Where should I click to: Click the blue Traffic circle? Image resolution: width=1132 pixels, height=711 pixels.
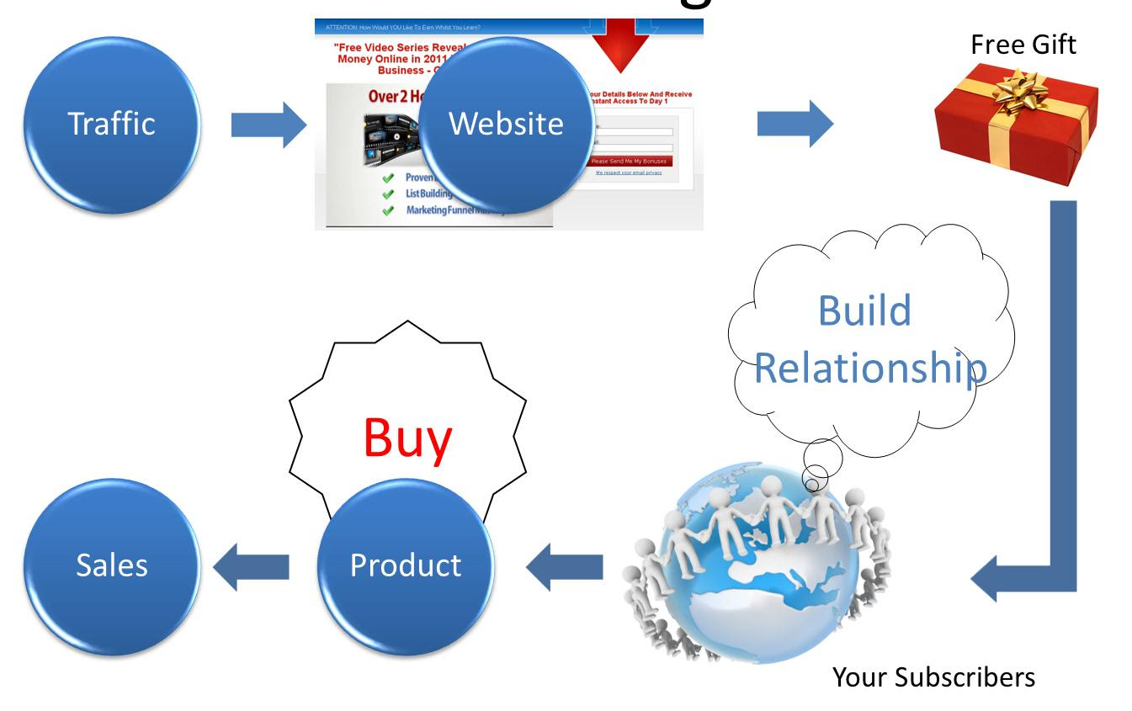[112, 124]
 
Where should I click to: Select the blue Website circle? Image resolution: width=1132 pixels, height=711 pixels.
[506, 125]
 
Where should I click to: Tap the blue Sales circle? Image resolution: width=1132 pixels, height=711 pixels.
[112, 565]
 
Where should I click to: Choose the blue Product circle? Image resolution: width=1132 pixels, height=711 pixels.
[405, 565]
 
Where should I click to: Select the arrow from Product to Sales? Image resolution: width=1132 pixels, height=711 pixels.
[251, 565]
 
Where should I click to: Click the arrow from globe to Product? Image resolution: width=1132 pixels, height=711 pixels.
[564, 565]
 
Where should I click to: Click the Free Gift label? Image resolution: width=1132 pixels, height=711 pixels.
[1023, 45]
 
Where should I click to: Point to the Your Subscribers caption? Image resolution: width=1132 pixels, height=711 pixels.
[933, 677]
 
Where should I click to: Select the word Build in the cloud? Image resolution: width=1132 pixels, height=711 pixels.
[864, 310]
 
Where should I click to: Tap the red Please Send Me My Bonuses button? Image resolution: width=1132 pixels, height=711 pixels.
[630, 162]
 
